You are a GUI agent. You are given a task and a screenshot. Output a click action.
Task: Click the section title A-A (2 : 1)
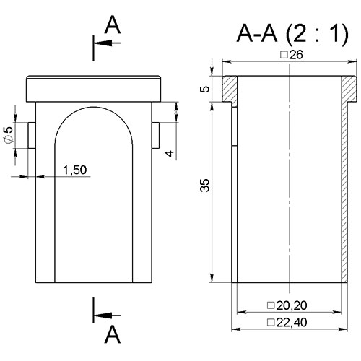(x=292, y=34)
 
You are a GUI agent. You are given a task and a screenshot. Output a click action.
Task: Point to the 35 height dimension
(x=205, y=185)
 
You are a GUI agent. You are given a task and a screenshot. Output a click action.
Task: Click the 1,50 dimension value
(x=75, y=170)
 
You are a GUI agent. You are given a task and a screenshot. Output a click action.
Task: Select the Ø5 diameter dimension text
(x=9, y=135)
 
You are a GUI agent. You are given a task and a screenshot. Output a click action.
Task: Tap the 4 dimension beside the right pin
(x=170, y=153)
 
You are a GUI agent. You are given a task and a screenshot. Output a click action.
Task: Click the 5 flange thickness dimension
(x=205, y=89)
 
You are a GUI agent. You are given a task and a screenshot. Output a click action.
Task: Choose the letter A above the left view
(x=113, y=25)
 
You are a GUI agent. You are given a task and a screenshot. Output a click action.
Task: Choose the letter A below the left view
(x=113, y=334)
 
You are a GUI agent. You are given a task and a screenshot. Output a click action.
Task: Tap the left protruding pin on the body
(x=32, y=135)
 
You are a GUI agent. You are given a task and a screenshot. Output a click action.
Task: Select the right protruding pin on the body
(x=155, y=135)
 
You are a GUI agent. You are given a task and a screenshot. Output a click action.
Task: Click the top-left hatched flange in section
(x=230, y=90)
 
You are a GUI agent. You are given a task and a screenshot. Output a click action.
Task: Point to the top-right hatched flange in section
(x=349, y=89)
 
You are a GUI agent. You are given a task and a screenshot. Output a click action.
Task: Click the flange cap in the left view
(x=93, y=89)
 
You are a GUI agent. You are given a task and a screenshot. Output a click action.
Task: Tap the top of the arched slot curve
(x=94, y=107)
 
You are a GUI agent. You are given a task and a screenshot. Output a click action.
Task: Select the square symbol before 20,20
(x=271, y=305)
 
